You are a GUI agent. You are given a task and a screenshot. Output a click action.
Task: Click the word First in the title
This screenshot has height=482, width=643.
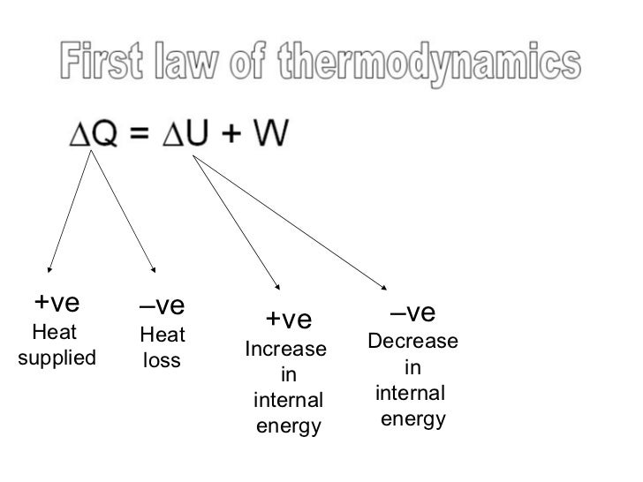(x=107, y=63)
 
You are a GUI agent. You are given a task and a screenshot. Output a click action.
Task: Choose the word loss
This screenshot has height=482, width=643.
(x=162, y=361)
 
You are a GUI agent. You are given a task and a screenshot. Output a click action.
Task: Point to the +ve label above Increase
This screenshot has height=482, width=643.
(x=289, y=318)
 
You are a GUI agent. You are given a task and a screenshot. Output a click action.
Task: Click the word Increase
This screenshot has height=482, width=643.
(x=285, y=349)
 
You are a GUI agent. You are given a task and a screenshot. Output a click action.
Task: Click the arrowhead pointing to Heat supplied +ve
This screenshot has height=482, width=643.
(x=50, y=270)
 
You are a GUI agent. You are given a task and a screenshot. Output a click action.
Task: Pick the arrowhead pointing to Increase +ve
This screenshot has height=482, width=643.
(x=277, y=286)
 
